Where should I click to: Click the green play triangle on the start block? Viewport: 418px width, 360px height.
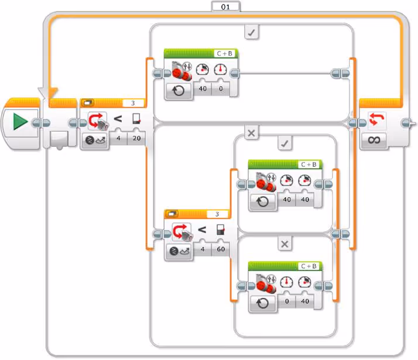tap(20, 122)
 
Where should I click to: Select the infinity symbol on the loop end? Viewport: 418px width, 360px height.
tap(375, 140)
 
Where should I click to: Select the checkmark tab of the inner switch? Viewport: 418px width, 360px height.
tap(285, 143)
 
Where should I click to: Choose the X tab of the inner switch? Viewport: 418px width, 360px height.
tap(285, 244)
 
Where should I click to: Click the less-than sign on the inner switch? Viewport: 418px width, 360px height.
tap(201, 229)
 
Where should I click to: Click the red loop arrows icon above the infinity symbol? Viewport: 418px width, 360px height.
tap(375, 121)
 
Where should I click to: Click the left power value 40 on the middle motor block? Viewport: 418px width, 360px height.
tap(287, 200)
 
